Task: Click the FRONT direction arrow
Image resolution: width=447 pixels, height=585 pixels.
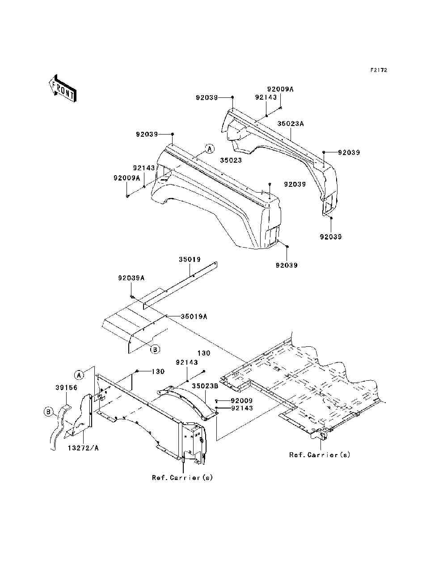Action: coord(63,88)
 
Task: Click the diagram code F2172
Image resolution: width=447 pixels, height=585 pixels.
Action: coord(379,70)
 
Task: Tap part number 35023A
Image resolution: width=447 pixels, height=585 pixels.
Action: coord(291,124)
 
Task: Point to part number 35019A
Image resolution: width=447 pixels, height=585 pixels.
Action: coord(194,316)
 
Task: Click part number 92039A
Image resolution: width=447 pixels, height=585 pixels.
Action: coord(131,278)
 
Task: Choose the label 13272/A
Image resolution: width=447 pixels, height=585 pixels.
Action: coord(83,448)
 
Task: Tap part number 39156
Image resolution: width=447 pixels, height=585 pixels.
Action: coord(66,387)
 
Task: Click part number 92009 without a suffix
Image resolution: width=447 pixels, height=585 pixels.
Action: coord(241,400)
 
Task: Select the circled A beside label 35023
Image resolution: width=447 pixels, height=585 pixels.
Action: coord(210,149)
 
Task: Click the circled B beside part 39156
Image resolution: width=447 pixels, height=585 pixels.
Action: coord(48,412)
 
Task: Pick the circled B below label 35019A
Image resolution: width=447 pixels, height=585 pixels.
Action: coord(155,349)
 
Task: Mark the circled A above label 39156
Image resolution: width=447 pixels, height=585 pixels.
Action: coord(79,375)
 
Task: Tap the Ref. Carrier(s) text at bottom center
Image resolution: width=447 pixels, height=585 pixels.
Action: coord(182,478)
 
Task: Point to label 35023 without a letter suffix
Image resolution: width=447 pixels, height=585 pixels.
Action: coord(231,160)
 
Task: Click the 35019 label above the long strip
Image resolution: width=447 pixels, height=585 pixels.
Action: coord(190,259)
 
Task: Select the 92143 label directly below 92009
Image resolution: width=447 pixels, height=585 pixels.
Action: coord(242,408)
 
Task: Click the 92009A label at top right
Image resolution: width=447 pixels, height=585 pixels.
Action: coord(280,89)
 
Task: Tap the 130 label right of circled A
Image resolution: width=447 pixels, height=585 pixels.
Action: coord(158,371)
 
